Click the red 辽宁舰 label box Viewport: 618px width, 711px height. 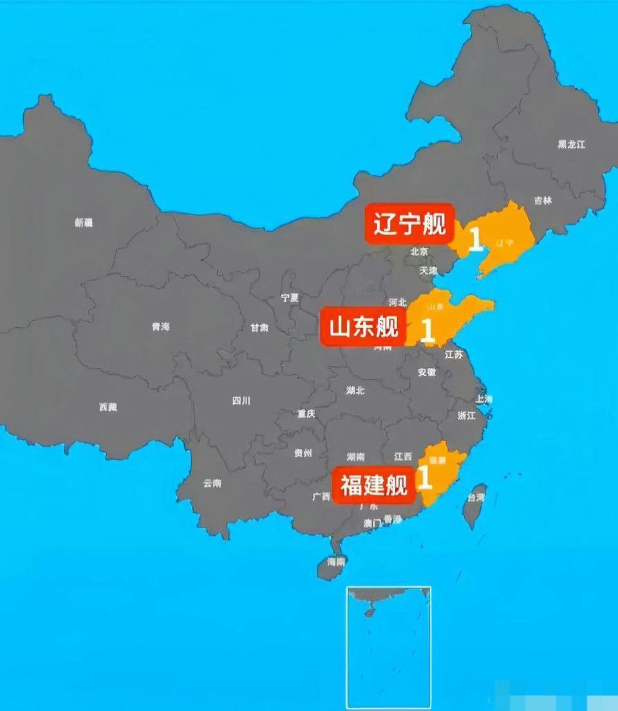coord(409,224)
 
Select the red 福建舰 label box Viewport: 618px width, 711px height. coord(374,485)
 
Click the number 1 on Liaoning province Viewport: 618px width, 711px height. coord(475,240)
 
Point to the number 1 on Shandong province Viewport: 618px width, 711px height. coord(427,330)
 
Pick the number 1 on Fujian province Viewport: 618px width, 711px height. coord(424,479)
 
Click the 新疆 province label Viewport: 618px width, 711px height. coord(84,223)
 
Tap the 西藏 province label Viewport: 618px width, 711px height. coord(108,407)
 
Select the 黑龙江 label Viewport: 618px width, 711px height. coord(571,144)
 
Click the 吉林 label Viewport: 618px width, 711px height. coord(543,200)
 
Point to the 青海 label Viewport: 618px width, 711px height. coord(161,327)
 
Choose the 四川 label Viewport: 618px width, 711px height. coord(241,401)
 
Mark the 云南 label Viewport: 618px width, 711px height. coord(212,482)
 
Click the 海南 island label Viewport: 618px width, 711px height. coord(335,562)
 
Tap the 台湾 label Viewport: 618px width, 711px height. coord(476,497)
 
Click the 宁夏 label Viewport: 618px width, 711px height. coord(290,298)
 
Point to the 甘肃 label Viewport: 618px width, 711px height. coord(259,328)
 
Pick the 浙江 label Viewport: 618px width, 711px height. coord(467,416)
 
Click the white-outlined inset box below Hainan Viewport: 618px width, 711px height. coord(389,647)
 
